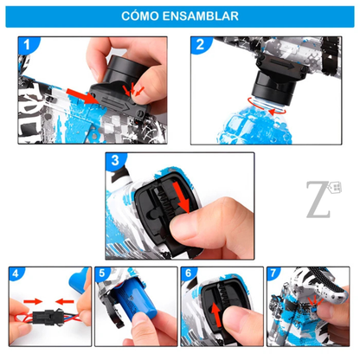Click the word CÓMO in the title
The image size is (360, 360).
140,16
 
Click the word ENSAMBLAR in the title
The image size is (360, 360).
201,16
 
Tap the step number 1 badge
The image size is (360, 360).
27,45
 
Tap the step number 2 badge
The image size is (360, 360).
200,44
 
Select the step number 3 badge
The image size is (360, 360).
115,160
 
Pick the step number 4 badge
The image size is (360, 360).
16,273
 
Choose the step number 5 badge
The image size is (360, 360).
102,273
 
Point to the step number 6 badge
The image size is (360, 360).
188,273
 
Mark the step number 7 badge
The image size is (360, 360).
273,273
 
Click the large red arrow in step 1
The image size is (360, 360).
83,96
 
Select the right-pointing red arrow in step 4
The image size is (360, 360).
33,301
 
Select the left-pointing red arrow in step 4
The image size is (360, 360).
65,302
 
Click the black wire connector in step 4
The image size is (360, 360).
47,318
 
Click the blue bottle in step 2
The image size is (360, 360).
254,123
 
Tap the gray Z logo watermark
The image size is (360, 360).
323,199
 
